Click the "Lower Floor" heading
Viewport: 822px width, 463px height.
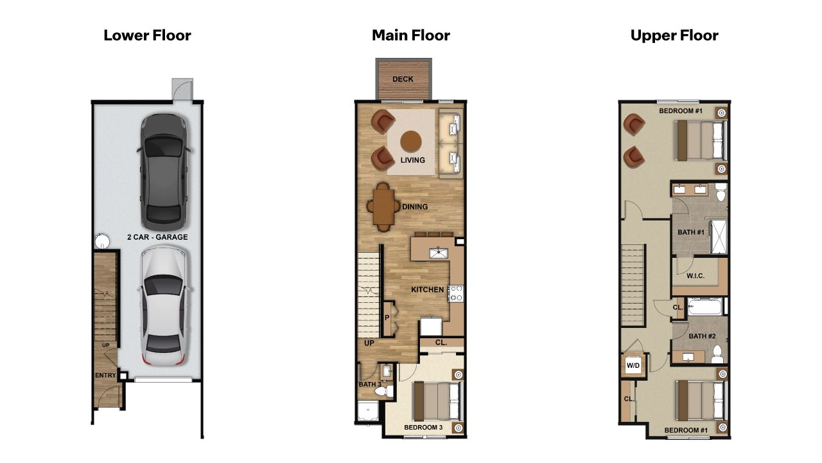point(147,35)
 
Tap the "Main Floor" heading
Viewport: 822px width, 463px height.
point(411,35)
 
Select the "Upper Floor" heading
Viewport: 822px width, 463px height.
point(674,35)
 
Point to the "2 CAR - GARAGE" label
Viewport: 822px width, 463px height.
point(157,237)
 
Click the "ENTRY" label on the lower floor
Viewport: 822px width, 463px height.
point(105,376)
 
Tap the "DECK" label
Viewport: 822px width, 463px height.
point(403,80)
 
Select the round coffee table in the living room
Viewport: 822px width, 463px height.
point(411,140)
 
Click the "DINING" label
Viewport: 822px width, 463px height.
point(415,207)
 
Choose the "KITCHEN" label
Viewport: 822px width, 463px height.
point(428,290)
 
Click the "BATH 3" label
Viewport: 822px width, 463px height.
point(369,385)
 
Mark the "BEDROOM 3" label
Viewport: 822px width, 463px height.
point(423,427)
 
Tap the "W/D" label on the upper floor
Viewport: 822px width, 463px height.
point(633,366)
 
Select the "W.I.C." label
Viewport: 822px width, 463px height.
point(695,277)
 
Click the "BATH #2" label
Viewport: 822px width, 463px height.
point(702,336)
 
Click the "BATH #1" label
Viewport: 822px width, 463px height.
point(691,232)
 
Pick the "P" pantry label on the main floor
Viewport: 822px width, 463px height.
point(387,318)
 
